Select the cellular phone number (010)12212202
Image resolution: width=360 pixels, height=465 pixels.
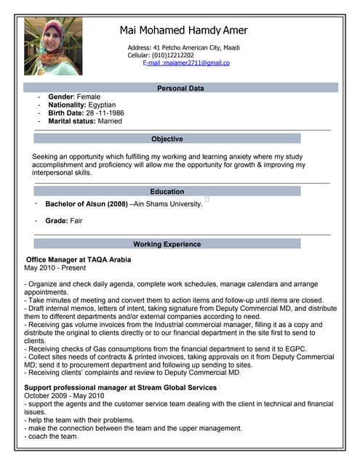pyautogui.click(x=172, y=55)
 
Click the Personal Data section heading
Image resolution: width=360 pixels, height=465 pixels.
pyautogui.click(x=181, y=88)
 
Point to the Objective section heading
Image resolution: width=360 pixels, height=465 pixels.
pyautogui.click(x=167, y=139)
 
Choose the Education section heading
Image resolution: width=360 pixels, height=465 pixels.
pyautogui.click(x=167, y=192)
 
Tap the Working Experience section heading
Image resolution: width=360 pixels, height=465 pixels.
pyautogui.click(x=167, y=244)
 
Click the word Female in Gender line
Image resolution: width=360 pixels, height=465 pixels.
pyautogui.click(x=89, y=97)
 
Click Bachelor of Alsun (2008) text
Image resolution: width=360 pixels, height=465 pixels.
pyautogui.click(x=86, y=204)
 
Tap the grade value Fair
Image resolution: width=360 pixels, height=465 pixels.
pyautogui.click(x=76, y=220)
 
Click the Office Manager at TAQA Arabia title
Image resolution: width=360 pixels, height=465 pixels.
pyautogui.click(x=79, y=259)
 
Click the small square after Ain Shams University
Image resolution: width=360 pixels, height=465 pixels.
pyautogui.click(x=207, y=199)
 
